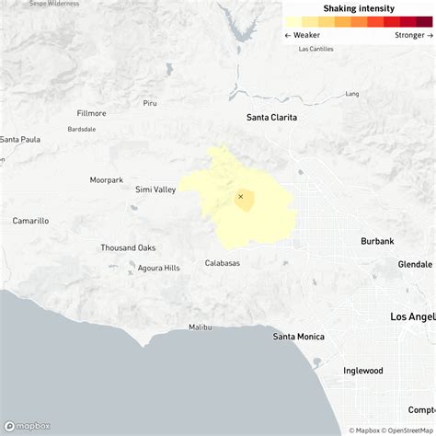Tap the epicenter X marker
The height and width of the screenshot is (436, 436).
coord(241,196)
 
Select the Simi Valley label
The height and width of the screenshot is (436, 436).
coord(155,189)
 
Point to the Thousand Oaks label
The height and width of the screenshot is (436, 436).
coord(128,247)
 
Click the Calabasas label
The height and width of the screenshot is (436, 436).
coord(223,264)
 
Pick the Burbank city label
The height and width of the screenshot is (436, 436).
coord(377,241)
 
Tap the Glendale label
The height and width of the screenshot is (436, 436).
coord(415,264)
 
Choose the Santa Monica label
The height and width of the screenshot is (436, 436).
coord(298,337)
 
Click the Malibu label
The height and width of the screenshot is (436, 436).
coord(200,327)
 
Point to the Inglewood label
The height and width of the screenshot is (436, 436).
coord(363,371)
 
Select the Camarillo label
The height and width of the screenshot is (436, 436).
coord(30,221)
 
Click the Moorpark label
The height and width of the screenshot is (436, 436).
coord(107,179)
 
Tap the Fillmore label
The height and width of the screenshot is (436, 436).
coord(92,113)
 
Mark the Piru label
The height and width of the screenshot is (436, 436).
coord(150,103)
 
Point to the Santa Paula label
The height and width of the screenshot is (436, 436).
coord(20,140)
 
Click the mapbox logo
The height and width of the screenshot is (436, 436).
coord(28,426)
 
